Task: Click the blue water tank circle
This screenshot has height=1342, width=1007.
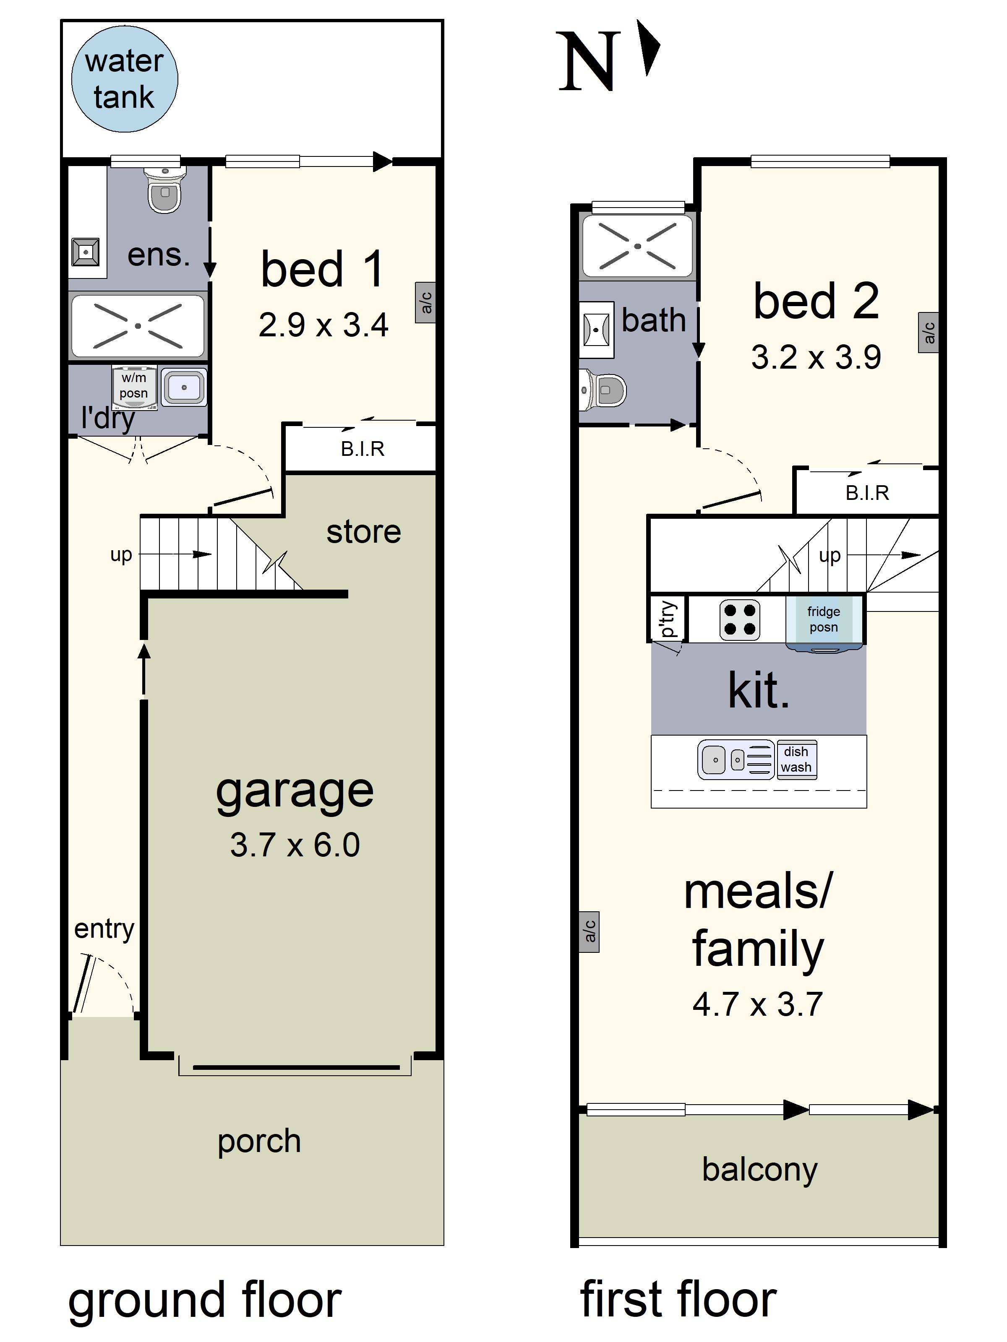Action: coord(125,79)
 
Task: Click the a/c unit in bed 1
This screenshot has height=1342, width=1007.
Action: coord(425,302)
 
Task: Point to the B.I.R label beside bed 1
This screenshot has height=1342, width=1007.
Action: coord(363,449)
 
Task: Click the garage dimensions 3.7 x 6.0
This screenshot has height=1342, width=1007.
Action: coord(295,845)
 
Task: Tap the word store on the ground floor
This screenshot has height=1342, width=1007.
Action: coord(364,532)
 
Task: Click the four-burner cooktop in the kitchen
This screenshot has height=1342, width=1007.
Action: coord(739,619)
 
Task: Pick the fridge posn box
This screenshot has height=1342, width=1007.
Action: coord(824,620)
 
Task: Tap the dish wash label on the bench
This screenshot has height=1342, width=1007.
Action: coord(796,759)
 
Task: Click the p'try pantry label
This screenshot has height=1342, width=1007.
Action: coord(667,619)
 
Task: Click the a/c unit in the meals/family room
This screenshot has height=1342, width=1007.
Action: coord(589,931)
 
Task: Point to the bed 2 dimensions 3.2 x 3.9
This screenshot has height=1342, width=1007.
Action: coord(816,357)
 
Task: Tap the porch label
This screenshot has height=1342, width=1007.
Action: coord(259,1141)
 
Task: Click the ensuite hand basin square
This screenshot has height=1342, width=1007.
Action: coord(86,252)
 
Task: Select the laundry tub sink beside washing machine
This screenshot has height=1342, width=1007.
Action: coord(184,387)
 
